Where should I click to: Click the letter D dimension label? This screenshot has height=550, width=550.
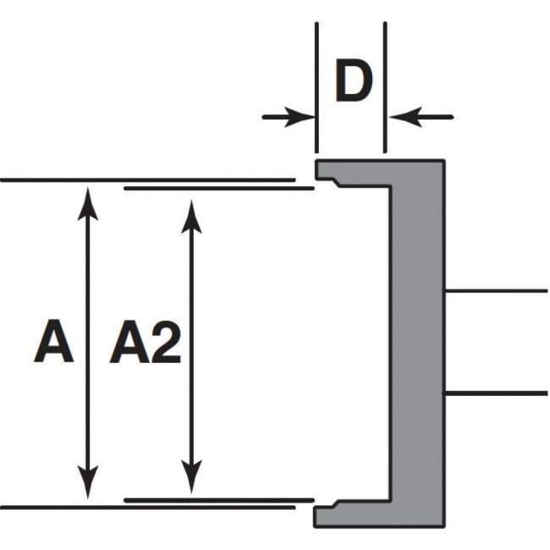tap(352, 82)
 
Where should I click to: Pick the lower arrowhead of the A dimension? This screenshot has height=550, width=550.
tap(88, 486)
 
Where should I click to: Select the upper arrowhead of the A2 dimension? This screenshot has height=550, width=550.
tap(192, 216)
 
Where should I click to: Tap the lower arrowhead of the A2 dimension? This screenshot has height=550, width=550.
tap(192, 478)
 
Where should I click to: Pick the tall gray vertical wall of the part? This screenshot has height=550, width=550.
tap(416, 343)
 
